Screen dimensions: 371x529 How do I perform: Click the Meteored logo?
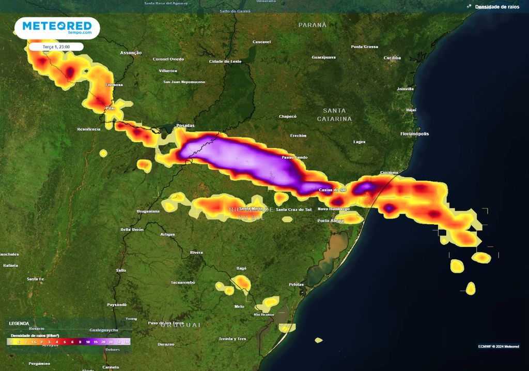[x=57, y=27]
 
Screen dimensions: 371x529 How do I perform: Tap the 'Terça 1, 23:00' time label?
[x=56, y=47]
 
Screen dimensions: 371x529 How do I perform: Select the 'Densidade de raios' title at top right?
[x=497, y=7]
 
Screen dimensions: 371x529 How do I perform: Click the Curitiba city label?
[x=392, y=58]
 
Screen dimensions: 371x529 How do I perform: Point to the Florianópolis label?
[x=414, y=134]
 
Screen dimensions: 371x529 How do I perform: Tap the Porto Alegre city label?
[x=331, y=221]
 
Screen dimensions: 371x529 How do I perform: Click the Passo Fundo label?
[x=294, y=157]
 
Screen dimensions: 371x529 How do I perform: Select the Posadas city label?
[x=185, y=126]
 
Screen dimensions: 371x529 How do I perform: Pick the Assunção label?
[x=131, y=53]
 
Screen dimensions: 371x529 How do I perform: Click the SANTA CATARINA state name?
[x=334, y=114]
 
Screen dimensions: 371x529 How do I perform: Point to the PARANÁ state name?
[x=313, y=25]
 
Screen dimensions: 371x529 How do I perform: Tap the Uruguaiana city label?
[x=148, y=212]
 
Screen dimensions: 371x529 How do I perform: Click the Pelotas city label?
[x=297, y=285]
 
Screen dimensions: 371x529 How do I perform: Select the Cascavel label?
[x=261, y=42]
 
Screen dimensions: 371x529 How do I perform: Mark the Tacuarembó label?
[x=182, y=283]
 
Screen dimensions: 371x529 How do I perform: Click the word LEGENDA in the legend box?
[x=19, y=323]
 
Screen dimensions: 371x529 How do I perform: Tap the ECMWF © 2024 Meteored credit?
[x=499, y=346]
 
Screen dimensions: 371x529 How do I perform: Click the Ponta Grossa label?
[x=364, y=47]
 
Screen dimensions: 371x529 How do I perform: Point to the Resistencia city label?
[x=88, y=129]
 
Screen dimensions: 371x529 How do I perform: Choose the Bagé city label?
[x=241, y=269]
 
